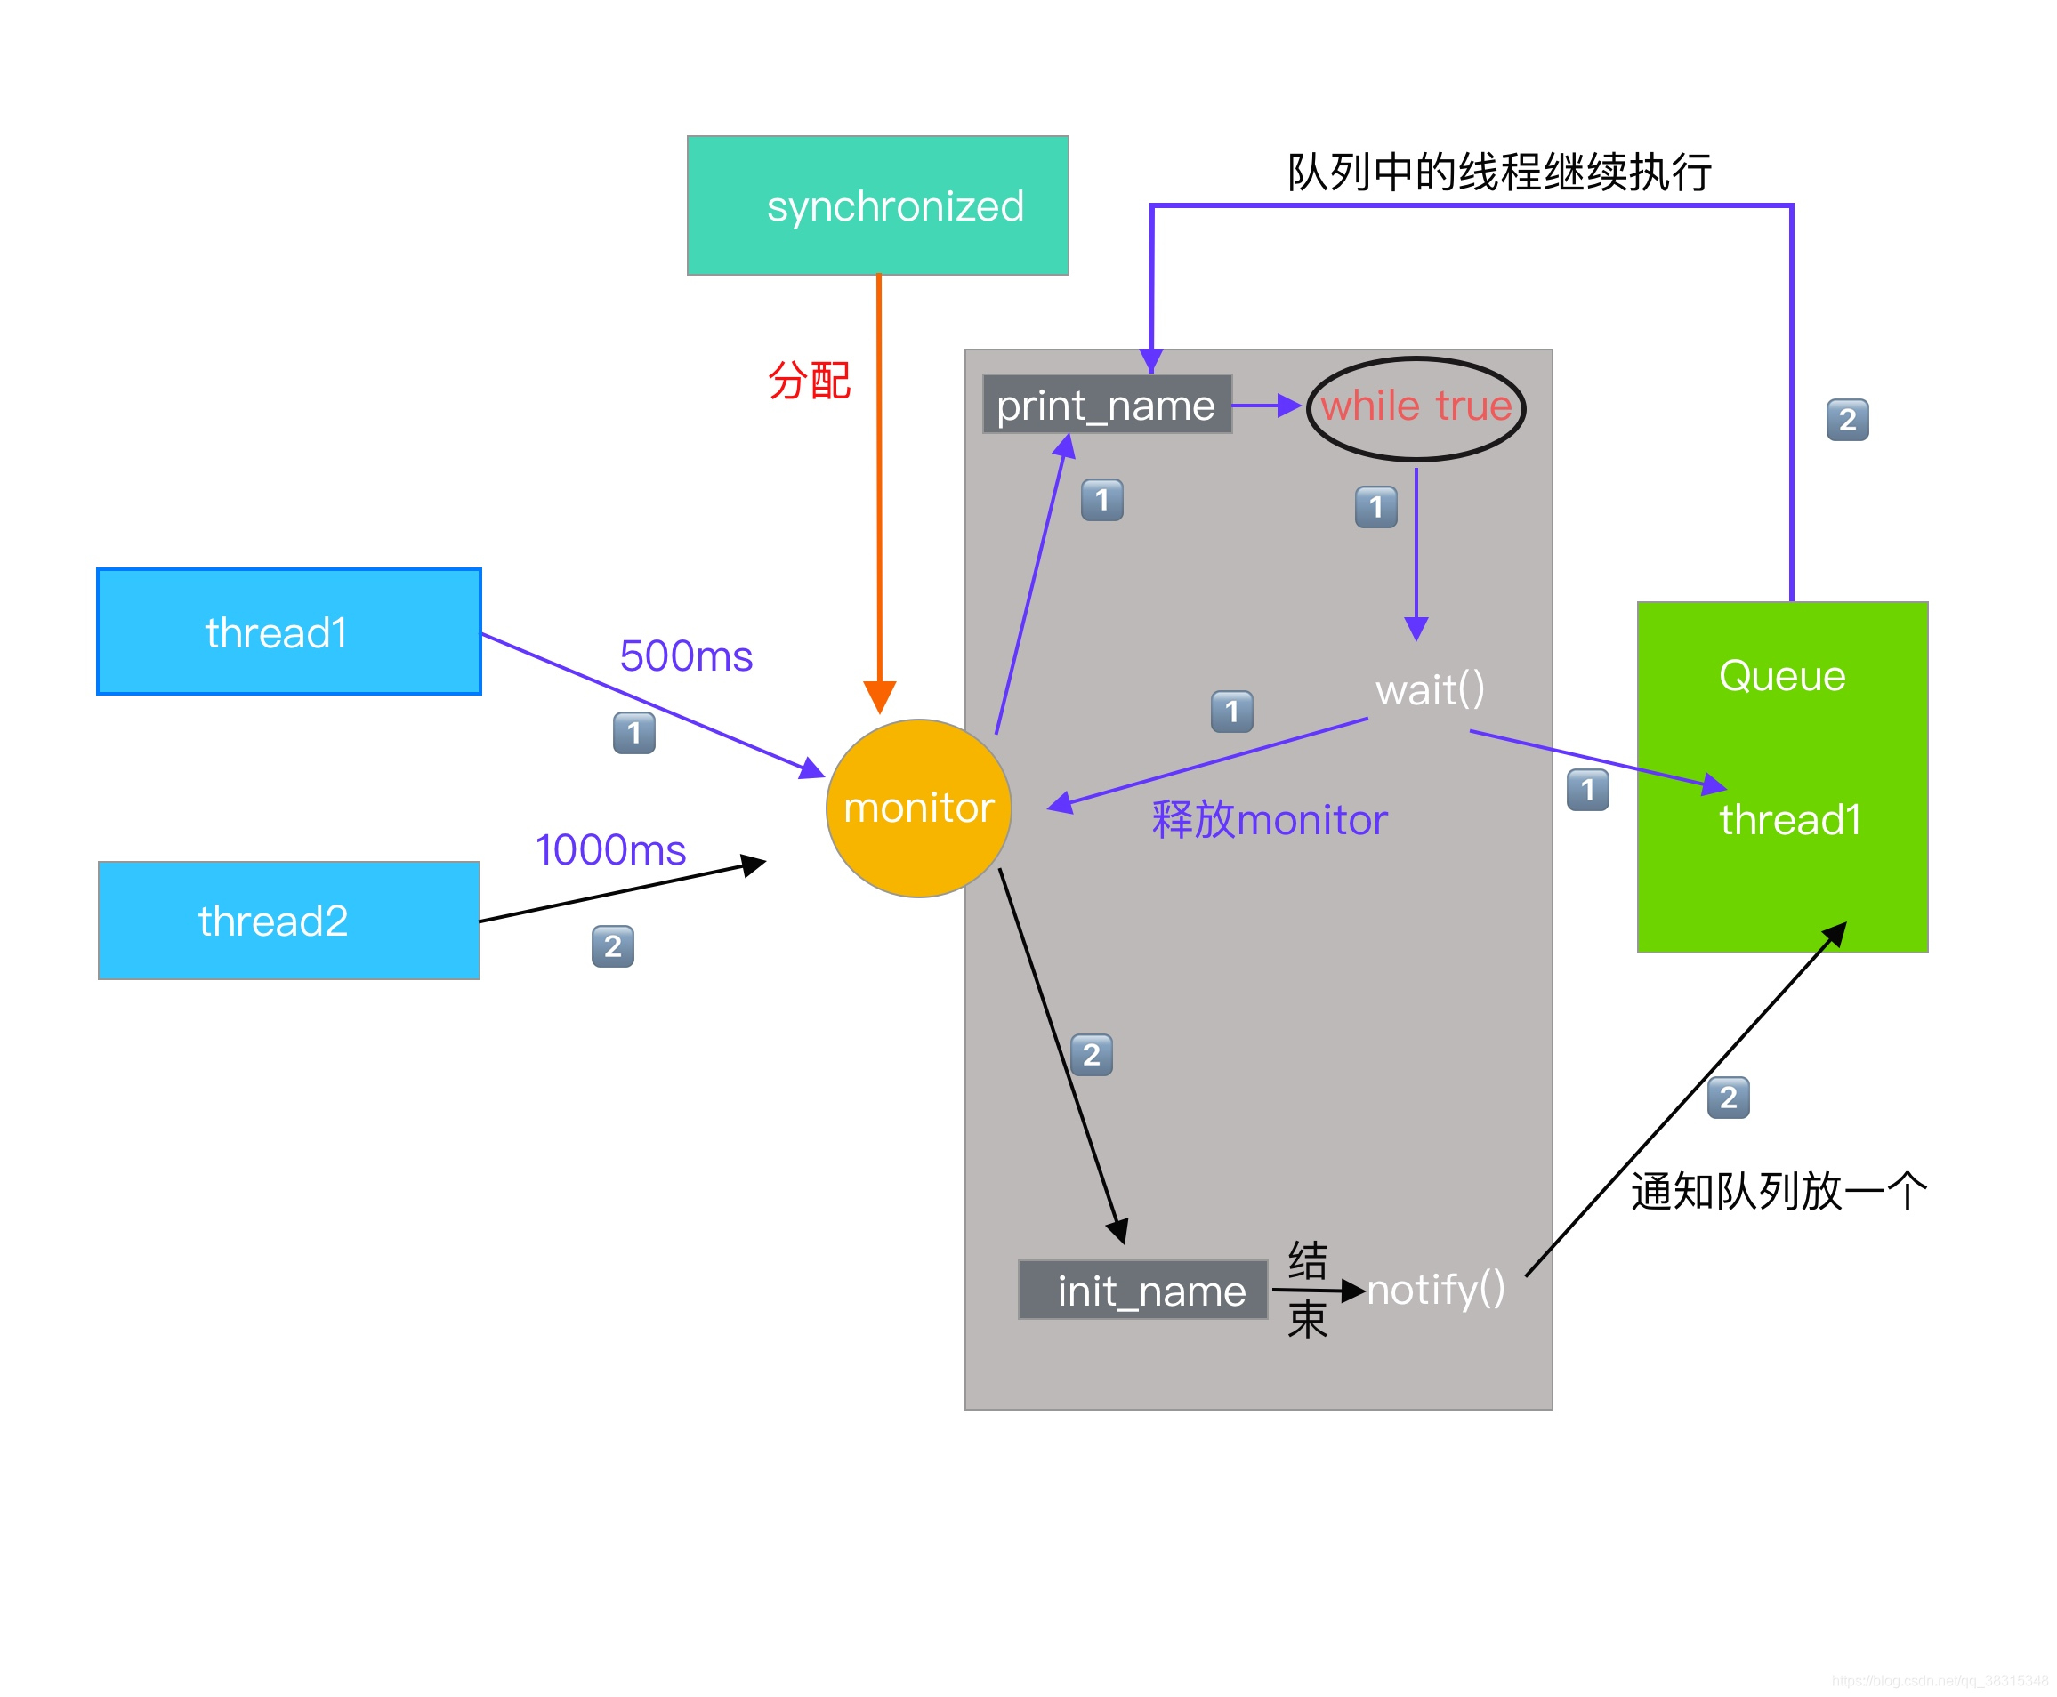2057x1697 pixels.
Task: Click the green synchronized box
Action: [x=877, y=205]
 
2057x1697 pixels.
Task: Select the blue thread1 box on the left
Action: [x=288, y=631]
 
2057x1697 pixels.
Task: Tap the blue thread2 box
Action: [x=288, y=920]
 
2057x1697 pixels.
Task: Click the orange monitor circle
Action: [x=917, y=808]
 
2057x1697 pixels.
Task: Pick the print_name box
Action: [x=1106, y=404]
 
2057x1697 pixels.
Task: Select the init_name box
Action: [x=1141, y=1291]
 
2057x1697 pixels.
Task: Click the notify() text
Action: [x=1434, y=1289]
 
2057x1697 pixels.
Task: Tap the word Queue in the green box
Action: [x=1781, y=675]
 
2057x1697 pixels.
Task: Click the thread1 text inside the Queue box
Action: [x=1789, y=819]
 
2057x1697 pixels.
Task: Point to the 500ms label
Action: [x=685, y=655]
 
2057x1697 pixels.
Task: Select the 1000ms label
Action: [x=610, y=849]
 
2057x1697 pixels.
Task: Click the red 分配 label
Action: [x=809, y=381]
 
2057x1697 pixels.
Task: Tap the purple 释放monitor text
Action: [x=1268, y=819]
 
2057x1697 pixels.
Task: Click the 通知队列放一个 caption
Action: [x=1778, y=1192]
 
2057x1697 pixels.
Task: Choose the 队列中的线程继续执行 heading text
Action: [x=1497, y=172]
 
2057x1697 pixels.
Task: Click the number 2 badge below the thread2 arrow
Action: [x=612, y=945]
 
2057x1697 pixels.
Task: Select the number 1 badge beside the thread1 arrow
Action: [x=633, y=732]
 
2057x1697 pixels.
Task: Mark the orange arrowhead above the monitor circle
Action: [x=879, y=697]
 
